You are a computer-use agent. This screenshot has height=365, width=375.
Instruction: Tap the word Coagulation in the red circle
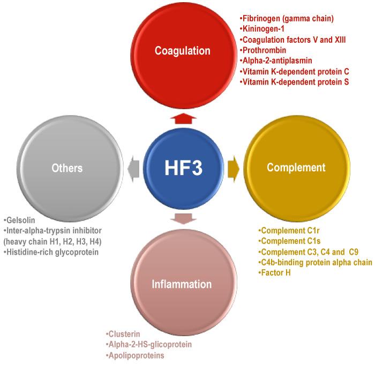click(182, 51)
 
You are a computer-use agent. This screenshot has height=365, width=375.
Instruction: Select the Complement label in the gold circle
click(296, 168)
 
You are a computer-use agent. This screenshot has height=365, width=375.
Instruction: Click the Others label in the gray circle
click(67, 168)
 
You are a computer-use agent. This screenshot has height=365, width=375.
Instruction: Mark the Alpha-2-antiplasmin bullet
click(277, 61)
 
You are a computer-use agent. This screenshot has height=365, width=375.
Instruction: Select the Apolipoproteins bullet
click(135, 355)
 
